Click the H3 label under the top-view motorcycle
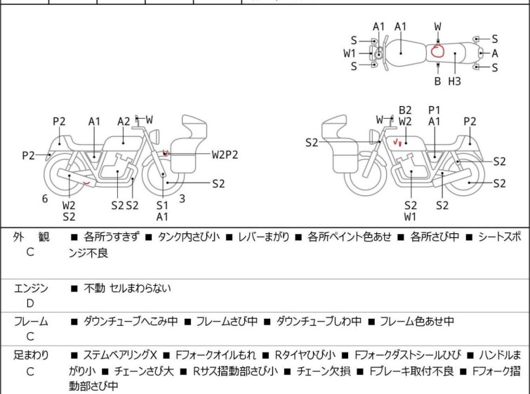[x=455, y=81]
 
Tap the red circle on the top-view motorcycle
[x=437, y=51]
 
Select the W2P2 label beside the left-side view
[x=225, y=155]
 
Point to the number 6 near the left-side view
[x=45, y=199]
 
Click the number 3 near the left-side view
[x=182, y=199]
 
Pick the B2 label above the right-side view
[x=405, y=110]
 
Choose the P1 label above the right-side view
[x=435, y=110]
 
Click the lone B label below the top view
[x=437, y=81]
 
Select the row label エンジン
[x=30, y=288]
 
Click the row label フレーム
[x=30, y=322]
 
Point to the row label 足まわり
[x=30, y=355]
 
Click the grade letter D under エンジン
[x=30, y=303]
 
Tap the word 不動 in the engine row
[x=94, y=288]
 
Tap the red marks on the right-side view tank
[x=397, y=143]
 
